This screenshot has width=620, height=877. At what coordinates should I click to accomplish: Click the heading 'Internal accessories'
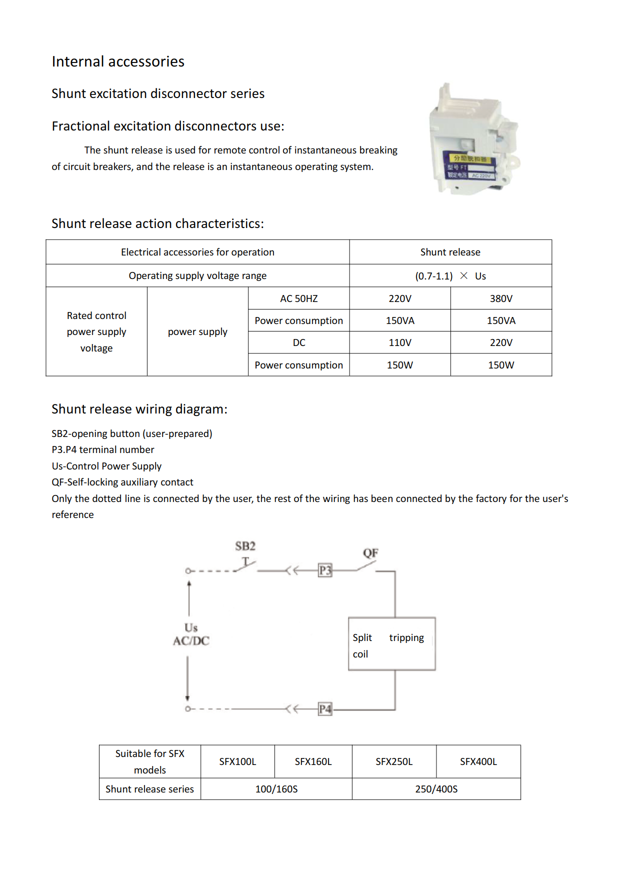pos(118,61)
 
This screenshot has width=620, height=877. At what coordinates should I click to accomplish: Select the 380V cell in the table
pos(501,298)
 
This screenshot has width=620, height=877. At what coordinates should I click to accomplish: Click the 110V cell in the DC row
pos(400,342)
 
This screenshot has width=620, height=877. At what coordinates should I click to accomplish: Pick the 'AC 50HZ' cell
pos(298,298)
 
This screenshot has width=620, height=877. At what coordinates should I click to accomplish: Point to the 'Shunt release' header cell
pos(450,252)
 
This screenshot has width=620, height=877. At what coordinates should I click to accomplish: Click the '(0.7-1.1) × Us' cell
pos(450,276)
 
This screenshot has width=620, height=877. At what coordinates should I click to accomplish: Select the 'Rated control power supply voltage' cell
pos(96,331)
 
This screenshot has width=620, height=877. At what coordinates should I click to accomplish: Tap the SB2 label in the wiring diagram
pos(245,546)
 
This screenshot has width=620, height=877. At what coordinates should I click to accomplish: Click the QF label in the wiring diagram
pos(370,553)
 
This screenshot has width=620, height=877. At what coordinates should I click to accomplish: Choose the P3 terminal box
pos(325,570)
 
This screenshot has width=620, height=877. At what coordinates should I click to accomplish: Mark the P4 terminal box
pos(325,709)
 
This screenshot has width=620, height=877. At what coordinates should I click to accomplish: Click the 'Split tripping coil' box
pos(391,644)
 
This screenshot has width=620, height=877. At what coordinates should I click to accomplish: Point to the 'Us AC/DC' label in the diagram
pos(191,634)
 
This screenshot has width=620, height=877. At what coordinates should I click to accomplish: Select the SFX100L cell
pos(237,761)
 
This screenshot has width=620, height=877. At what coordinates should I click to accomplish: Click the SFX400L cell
pos(478,761)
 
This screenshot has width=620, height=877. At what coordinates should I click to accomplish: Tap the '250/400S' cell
pos(436,789)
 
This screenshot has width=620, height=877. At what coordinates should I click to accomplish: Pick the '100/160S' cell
pos(276,789)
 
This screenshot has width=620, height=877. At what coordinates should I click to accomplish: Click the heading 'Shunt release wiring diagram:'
pos(139,409)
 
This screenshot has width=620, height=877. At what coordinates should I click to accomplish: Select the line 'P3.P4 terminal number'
pos(103,449)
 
